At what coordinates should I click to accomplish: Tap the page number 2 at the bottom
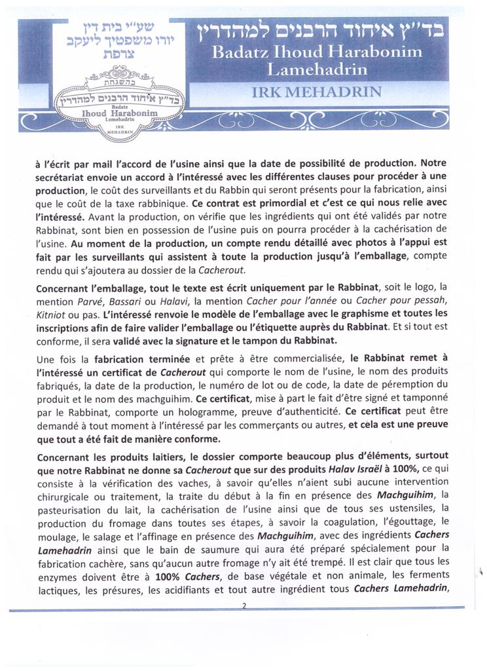[243, 605]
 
